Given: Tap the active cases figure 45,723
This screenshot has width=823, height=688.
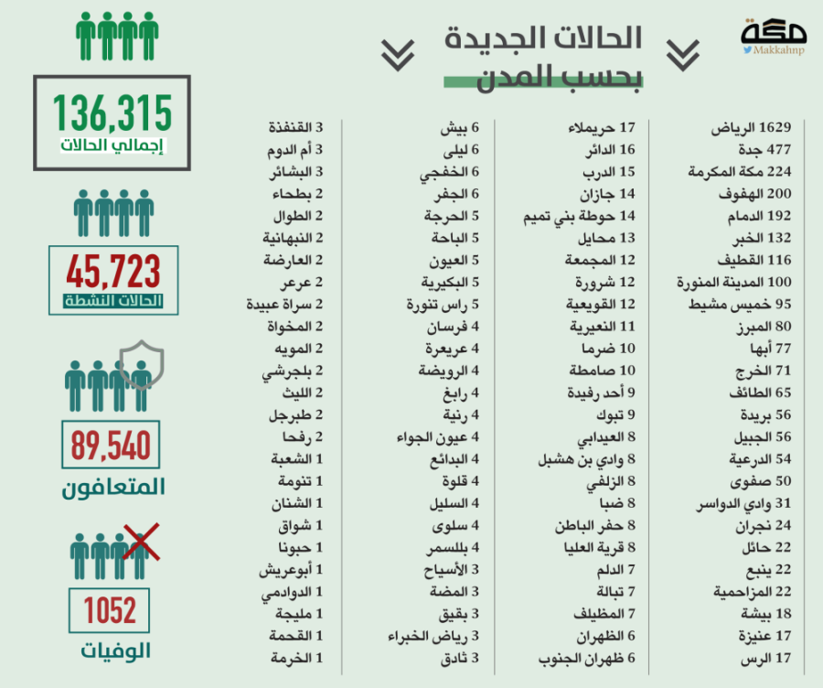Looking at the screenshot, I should tap(112, 272).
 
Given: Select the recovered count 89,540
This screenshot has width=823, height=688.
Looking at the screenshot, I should tap(111, 447).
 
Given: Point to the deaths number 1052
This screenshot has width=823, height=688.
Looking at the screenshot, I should tap(110, 609).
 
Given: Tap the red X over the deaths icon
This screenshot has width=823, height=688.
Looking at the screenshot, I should tap(140, 541).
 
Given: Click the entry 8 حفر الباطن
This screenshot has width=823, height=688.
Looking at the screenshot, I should tap(595, 525).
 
